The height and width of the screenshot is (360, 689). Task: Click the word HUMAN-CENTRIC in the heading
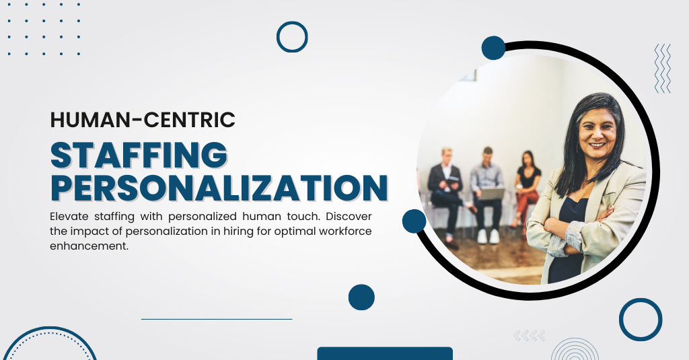(143, 120)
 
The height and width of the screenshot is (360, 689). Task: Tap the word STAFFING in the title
(139, 155)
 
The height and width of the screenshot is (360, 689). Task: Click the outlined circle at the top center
(292, 37)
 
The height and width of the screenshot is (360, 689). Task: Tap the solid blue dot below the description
(361, 297)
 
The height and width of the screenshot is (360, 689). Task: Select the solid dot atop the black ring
(493, 48)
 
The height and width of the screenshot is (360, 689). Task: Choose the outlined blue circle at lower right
(641, 320)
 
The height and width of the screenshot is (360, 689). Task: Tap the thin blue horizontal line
(216, 319)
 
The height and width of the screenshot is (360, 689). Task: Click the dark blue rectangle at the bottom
(384, 353)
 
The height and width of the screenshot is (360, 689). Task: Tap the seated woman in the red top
(528, 185)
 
